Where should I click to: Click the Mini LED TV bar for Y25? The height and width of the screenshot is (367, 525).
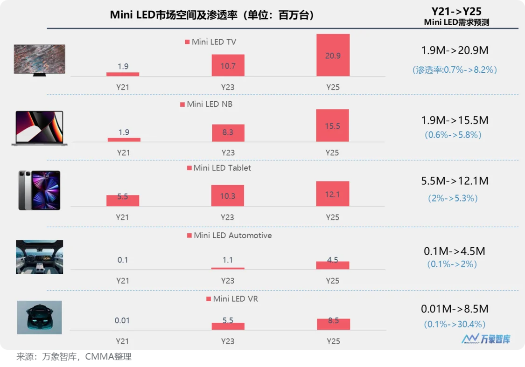333,55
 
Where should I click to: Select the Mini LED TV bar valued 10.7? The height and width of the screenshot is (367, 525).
228,65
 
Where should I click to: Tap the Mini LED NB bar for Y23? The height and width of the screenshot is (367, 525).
228,133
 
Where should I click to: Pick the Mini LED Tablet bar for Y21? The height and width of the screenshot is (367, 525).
123,201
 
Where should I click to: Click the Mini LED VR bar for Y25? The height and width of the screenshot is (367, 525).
333,324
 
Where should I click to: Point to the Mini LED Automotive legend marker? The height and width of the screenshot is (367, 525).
189,235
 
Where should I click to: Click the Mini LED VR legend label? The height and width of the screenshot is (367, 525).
235,298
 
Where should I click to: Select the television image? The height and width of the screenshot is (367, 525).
40,60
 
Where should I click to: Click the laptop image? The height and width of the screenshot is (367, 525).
40,128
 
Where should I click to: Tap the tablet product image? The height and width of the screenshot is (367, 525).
39,190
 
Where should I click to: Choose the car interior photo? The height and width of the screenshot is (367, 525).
39,257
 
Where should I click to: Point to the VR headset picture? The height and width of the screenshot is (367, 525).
39,317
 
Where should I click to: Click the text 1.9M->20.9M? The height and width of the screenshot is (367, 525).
455,50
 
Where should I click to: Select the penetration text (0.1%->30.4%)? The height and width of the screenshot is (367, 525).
455,324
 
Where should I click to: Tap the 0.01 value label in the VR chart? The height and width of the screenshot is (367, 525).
122,320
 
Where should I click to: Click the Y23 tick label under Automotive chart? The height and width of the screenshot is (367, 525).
228,281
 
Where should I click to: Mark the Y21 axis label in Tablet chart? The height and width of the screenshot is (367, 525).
123,217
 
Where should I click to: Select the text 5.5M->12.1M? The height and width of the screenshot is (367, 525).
455,181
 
